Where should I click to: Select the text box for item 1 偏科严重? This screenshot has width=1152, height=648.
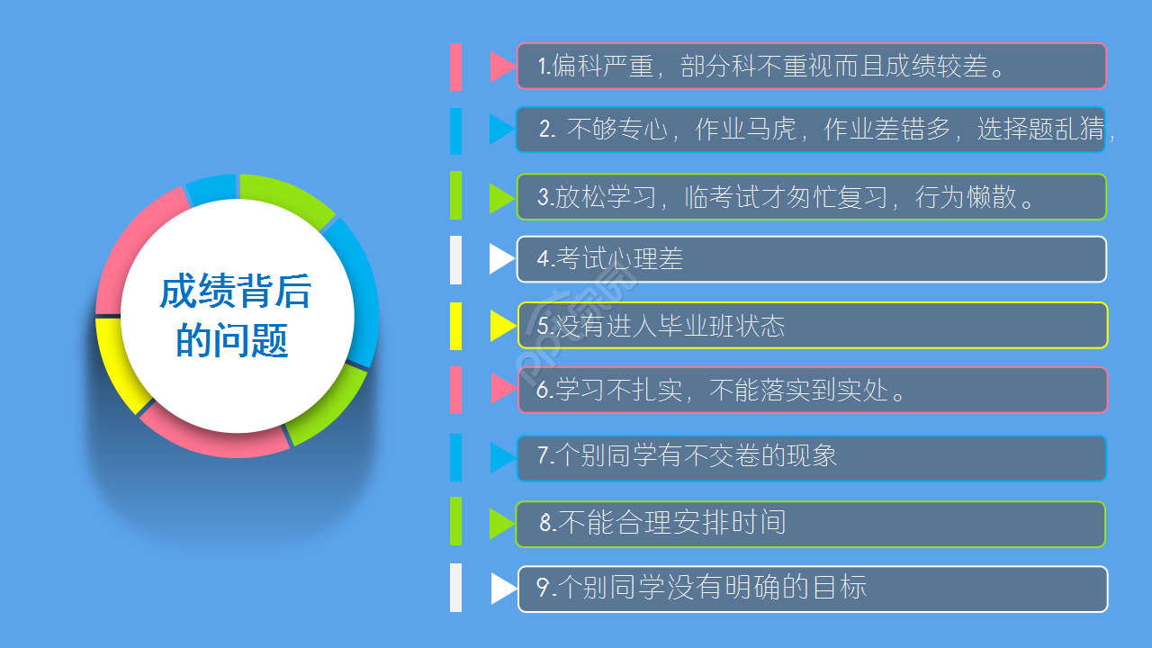coord(810,66)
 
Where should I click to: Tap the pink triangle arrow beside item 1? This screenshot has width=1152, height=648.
coord(501,67)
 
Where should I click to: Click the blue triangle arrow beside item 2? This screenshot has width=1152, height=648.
coord(500,129)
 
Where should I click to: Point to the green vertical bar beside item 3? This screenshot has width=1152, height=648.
coord(455,195)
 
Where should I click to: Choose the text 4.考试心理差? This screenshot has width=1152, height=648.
coord(610,259)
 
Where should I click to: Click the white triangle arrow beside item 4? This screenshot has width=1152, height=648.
coord(500,259)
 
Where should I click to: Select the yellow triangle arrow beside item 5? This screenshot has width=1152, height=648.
coord(501,326)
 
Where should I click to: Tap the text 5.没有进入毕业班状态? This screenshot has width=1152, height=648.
coord(661,326)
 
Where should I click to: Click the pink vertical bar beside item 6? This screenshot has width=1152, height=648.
coord(455,390)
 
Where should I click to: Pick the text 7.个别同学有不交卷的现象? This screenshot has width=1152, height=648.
coord(687,455)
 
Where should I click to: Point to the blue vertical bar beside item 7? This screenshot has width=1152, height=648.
coord(455,457)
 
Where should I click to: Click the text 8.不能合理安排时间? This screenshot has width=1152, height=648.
coord(662,523)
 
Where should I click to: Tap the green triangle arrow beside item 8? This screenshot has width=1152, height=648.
coord(500,524)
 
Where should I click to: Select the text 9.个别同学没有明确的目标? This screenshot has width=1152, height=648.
coord(701,588)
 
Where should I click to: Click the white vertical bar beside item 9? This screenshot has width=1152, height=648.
coord(455,588)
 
